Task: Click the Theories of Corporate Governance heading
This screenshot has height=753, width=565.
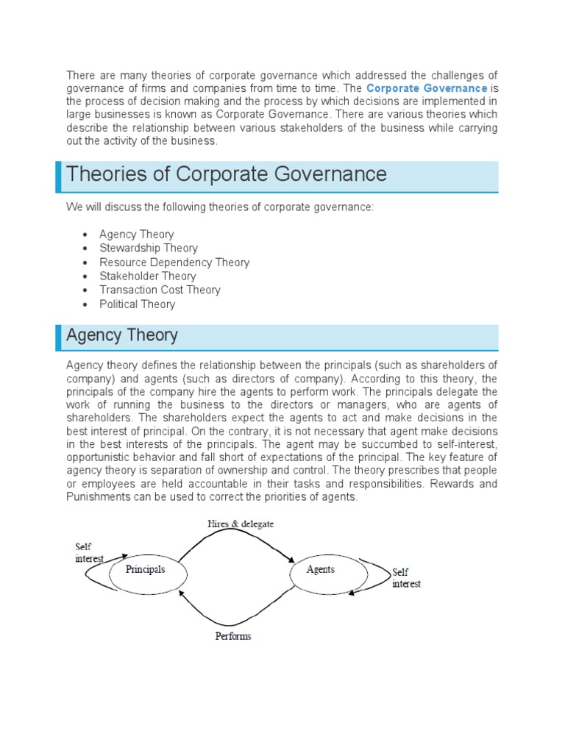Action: [226, 174]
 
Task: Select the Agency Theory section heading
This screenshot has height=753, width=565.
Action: [122, 335]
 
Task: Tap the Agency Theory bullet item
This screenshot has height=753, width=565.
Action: [137, 235]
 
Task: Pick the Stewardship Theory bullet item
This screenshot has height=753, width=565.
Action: [149, 249]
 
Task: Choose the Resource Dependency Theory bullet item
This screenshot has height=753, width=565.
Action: [174, 263]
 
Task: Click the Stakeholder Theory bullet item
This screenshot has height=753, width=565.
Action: [148, 276]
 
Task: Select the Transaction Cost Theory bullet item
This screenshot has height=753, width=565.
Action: [160, 290]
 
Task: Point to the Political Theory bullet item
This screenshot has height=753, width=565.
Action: [138, 304]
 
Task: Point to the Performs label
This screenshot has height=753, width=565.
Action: [233, 636]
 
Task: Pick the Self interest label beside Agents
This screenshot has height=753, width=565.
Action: [406, 578]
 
